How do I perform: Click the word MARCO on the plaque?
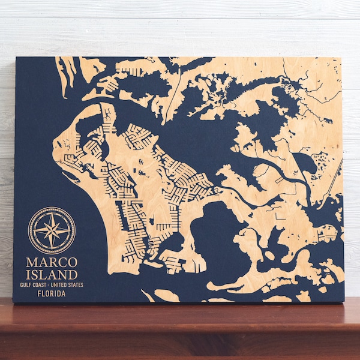(x=52, y=262)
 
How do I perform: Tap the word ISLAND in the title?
(x=52, y=275)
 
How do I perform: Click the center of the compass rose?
(x=52, y=230)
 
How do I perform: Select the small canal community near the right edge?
(x=328, y=234)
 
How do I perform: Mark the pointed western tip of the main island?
(x=55, y=144)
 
